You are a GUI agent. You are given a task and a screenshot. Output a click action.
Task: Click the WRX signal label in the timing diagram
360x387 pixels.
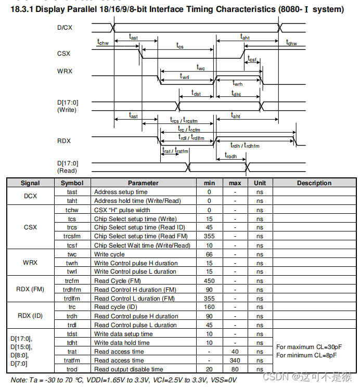coord(65,71)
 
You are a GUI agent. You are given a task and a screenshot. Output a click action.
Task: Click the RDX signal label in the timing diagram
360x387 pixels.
coord(64,141)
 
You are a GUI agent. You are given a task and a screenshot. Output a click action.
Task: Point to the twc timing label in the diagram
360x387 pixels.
coord(201,67)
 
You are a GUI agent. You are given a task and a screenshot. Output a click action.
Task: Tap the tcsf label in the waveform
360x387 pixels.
coord(252,59)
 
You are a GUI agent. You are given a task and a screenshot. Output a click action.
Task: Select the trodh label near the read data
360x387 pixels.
coord(230,156)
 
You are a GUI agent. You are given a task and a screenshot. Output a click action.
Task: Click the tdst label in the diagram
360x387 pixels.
coord(196,94)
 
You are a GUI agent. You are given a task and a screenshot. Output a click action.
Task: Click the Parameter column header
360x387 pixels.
coord(143,183)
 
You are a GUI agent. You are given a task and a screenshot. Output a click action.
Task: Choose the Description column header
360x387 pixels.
coord(314,183)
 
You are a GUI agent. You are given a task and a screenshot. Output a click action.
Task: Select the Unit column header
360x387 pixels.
coord(260,183)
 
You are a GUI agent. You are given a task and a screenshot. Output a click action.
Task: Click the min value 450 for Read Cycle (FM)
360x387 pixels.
coord(209,281)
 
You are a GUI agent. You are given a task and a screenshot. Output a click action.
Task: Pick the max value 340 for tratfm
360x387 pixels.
coord(235,360)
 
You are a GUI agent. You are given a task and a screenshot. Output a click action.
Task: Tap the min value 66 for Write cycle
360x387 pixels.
coord(209,254)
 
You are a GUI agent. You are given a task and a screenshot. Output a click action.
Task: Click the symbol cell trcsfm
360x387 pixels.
coord(72,237)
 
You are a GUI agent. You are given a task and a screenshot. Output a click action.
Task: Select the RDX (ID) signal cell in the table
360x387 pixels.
coord(30,316)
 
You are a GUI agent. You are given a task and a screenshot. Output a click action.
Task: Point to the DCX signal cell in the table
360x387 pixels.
coord(30,196)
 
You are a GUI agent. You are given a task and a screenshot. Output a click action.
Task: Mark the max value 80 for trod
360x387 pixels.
coord(235,369)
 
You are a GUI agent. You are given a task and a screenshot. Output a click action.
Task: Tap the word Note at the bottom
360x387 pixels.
coord(19,380)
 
